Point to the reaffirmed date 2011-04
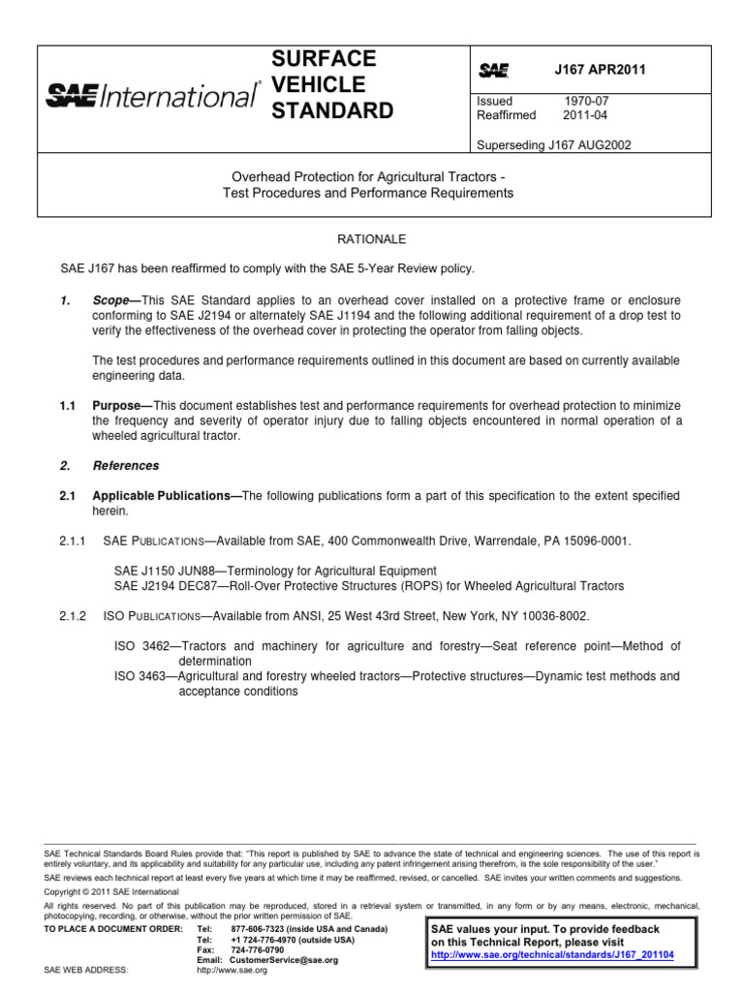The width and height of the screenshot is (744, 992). pos(585,115)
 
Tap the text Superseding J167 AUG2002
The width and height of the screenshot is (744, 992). pos(554,144)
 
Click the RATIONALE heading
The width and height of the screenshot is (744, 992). pos(371,238)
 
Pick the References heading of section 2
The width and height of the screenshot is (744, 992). pos(126,466)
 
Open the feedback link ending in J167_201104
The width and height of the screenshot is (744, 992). pos(552,954)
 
